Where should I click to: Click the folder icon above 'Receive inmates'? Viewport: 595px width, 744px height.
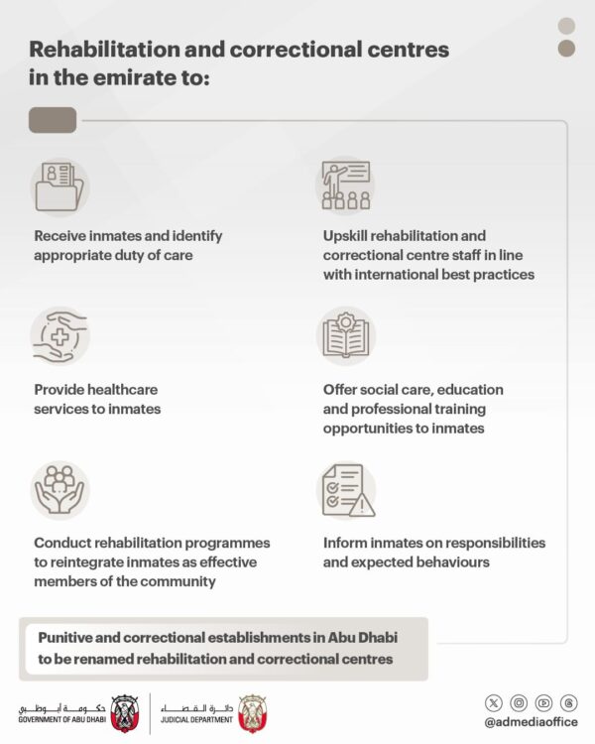[x=59, y=187]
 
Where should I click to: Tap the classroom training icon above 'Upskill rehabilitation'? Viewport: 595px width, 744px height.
[x=345, y=186]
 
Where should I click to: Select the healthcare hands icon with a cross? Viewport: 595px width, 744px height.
[x=59, y=337]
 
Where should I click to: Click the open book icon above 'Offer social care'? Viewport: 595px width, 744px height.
[x=346, y=337]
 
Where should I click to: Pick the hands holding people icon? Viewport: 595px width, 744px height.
[x=59, y=490]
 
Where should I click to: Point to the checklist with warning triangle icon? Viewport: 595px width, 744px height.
[x=346, y=491]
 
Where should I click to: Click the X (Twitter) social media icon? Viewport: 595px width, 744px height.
[x=494, y=702]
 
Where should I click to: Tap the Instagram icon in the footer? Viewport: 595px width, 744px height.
[x=519, y=702]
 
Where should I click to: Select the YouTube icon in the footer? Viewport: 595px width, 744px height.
[x=543, y=702]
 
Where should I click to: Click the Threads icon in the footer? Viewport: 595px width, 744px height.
[x=568, y=702]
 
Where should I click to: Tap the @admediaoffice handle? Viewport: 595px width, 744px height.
[x=531, y=722]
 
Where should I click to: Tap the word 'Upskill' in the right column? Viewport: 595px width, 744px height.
[x=347, y=236]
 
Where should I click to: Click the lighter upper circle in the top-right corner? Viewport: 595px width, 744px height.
[x=566, y=26]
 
